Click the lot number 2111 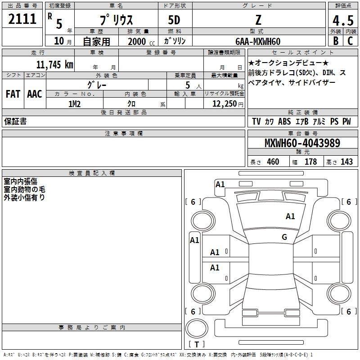click(22, 19)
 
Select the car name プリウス click(116, 20)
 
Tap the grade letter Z click(258, 20)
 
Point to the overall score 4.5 click(342, 21)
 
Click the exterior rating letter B click(335, 41)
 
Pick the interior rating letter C click(350, 41)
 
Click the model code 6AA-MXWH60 click(258, 41)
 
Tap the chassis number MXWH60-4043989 click(302, 144)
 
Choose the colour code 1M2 click(74, 104)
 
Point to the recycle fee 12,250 click(224, 104)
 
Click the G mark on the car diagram click(284, 237)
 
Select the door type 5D click(174, 20)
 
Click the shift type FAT click(13, 94)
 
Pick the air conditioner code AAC click(34, 94)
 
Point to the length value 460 click(273, 162)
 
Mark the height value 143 click(346, 162)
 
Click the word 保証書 click(15, 121)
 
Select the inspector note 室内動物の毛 click(24, 189)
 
